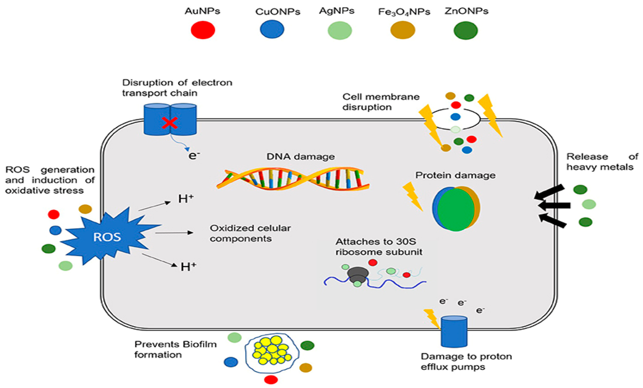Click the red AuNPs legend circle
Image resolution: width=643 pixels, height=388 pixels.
(x=203, y=30)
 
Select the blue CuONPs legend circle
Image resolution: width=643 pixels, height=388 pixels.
(x=272, y=29)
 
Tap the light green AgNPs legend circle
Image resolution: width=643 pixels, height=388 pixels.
(x=340, y=30)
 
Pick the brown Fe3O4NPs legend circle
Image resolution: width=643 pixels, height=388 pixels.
(x=403, y=30)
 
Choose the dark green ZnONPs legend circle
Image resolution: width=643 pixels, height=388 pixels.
(x=466, y=30)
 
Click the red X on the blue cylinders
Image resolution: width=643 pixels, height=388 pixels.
(x=169, y=123)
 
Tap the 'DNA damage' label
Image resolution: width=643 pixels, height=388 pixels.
(x=300, y=157)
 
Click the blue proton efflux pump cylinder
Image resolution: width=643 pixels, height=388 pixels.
(x=454, y=332)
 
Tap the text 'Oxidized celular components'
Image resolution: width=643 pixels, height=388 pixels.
(x=250, y=233)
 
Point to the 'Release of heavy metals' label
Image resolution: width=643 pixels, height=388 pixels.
(x=602, y=162)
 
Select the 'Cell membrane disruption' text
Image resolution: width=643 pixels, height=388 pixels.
(x=381, y=102)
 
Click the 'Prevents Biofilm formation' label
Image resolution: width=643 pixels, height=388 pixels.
(x=175, y=349)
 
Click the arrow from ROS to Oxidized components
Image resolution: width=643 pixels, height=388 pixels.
(x=174, y=233)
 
